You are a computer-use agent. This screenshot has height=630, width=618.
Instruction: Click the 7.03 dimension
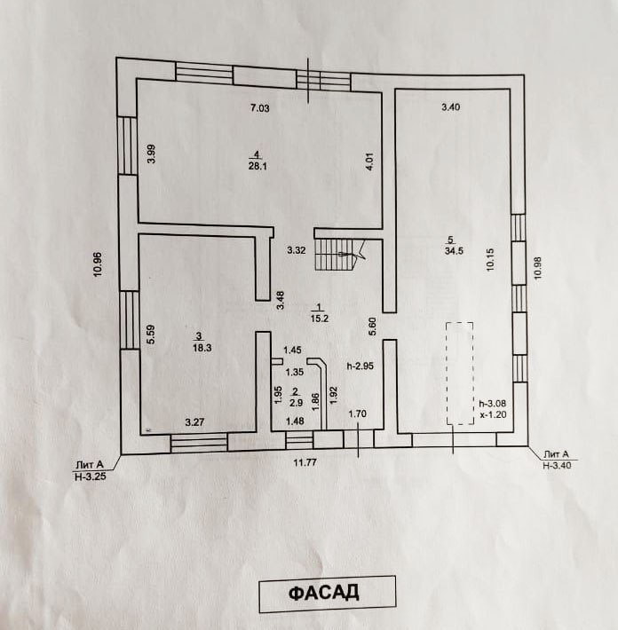(258, 108)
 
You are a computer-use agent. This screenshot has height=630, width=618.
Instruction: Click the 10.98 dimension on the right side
(535, 267)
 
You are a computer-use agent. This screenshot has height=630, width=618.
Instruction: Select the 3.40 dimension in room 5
(451, 108)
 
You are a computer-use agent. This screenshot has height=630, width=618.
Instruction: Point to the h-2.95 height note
(359, 365)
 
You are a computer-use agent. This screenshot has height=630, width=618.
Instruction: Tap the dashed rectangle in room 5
(458, 374)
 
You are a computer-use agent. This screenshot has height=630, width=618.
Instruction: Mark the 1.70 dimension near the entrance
(357, 413)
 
